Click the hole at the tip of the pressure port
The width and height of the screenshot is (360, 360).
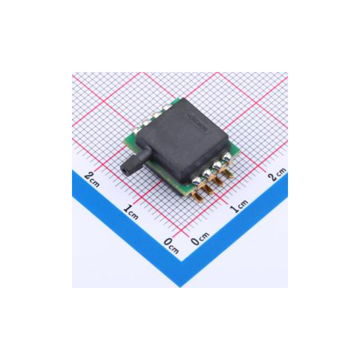click(x=124, y=168)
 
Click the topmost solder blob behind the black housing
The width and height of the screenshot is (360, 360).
click(x=167, y=107)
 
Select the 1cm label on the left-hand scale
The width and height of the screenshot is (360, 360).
click(x=131, y=211)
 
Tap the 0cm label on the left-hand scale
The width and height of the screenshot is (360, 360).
click(x=171, y=245)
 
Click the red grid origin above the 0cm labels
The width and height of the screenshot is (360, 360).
click(x=185, y=230)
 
